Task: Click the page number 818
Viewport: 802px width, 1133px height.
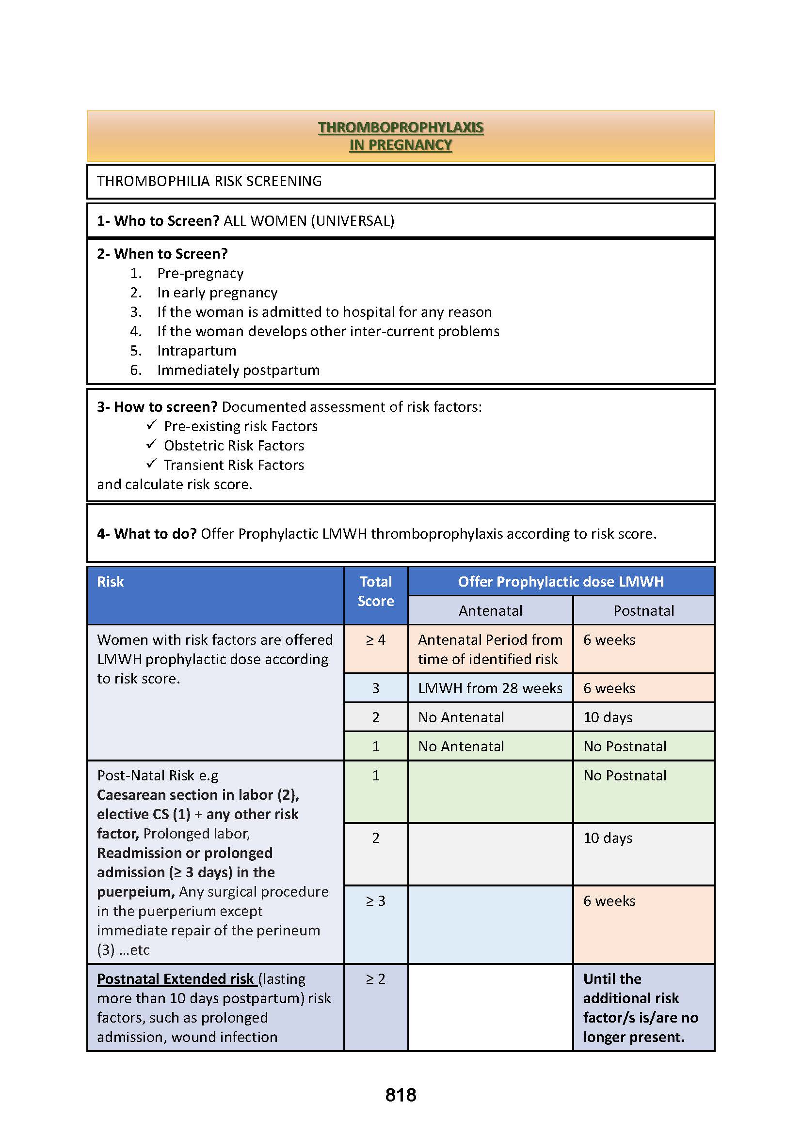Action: point(401,1095)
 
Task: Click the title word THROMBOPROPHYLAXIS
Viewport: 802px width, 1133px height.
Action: point(401,127)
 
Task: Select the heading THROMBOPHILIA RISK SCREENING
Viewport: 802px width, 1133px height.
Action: point(209,181)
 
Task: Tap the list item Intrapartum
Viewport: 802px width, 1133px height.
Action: point(196,351)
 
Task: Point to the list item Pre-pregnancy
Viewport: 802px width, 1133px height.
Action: point(200,273)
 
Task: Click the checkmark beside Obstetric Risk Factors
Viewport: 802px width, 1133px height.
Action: point(151,444)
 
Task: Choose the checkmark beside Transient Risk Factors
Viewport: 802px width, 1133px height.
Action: point(151,464)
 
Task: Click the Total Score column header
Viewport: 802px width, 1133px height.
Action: point(375,591)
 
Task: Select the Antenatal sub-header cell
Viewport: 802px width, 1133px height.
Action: point(490,611)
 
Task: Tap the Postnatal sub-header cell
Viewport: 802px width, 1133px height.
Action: point(643,611)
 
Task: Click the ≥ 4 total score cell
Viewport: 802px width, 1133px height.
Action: point(375,640)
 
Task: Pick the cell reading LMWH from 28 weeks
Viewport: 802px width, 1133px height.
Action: point(490,688)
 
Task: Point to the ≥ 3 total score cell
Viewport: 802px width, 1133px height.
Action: point(375,901)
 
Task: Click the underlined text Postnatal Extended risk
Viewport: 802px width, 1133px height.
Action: point(176,979)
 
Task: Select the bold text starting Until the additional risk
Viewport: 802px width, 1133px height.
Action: point(640,1008)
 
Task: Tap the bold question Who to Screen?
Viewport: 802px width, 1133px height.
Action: point(166,220)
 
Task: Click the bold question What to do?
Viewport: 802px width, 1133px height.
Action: point(155,534)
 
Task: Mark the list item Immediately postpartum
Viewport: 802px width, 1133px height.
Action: point(238,370)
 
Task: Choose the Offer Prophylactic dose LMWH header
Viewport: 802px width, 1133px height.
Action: point(561,582)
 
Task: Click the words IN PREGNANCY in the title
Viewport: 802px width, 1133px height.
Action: point(401,145)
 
